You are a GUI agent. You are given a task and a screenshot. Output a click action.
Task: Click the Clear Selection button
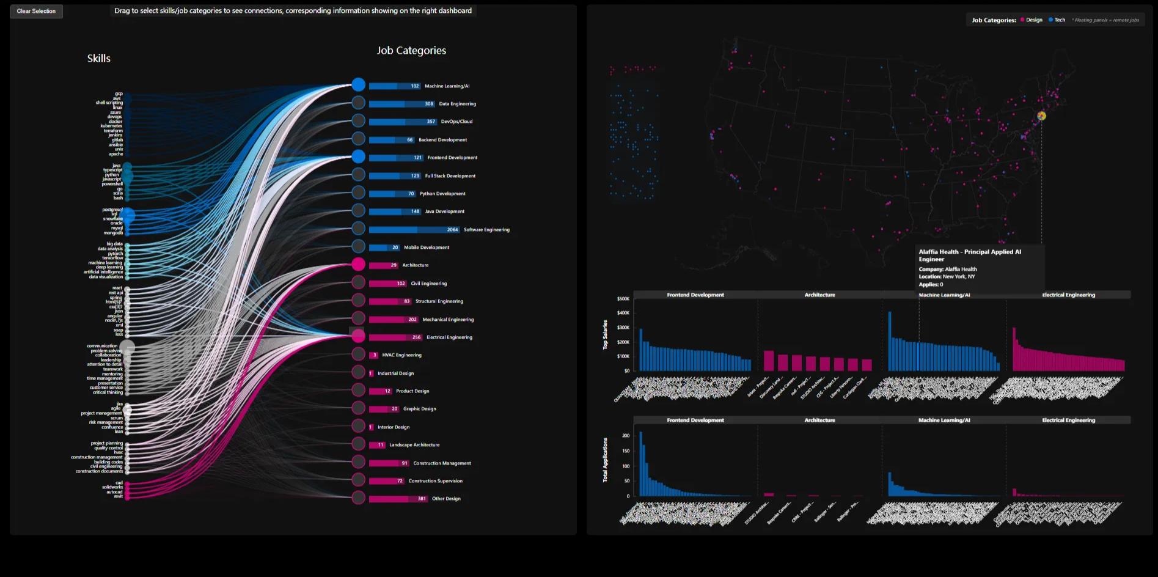point(36,11)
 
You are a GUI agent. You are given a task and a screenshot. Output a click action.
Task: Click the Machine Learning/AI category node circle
point(359,85)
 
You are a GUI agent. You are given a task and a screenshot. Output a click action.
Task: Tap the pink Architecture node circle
point(359,265)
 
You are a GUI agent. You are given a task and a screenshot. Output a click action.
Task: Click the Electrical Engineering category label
point(449,337)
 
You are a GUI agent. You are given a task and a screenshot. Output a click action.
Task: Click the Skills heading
point(98,59)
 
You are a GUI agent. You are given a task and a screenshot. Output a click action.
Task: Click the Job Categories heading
point(411,51)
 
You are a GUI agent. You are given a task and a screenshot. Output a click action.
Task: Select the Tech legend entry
point(1057,20)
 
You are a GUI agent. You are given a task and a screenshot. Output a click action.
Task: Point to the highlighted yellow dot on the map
point(1041,116)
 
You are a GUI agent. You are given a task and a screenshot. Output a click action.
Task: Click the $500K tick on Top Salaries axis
point(623,299)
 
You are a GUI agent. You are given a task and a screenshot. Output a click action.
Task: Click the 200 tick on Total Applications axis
point(626,436)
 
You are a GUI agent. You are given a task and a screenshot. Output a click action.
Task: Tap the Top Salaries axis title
point(605,334)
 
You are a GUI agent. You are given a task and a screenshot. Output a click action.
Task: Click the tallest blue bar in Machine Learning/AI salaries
point(890,341)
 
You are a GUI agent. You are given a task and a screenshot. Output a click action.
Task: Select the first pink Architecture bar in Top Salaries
point(769,361)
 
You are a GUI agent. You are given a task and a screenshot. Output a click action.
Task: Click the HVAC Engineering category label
point(401,355)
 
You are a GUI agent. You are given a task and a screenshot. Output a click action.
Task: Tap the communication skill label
point(102,346)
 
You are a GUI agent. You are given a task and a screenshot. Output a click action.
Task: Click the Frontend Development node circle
point(359,157)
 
